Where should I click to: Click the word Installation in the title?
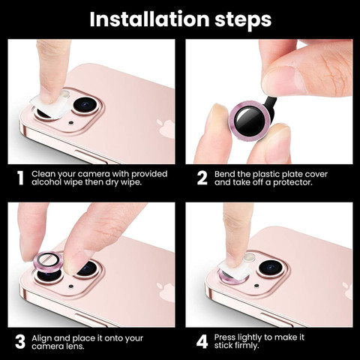coord(149,19)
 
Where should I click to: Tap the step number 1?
coord(20,178)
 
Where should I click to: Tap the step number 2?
coord(202,178)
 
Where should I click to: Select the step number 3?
coord(20,342)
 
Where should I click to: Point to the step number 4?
coord(202,342)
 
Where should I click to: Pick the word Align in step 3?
coord(41,338)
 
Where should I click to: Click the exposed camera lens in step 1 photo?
coord(85,105)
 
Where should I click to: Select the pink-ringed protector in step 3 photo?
coord(47,261)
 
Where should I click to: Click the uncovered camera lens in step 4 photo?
coord(271,268)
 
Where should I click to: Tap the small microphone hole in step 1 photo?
coord(71,123)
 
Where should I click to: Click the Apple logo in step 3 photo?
coord(166,292)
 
